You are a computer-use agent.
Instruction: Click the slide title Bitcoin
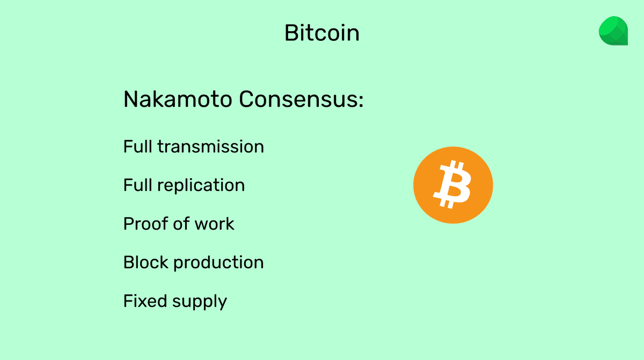tap(321, 33)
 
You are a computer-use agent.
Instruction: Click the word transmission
tap(210, 147)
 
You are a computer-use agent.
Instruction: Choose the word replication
tap(201, 186)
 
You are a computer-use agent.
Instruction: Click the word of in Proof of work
tap(176, 224)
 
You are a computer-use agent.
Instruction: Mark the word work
tap(214, 224)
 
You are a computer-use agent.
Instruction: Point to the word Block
tap(142, 262)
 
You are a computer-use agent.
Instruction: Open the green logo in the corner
tap(613, 31)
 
